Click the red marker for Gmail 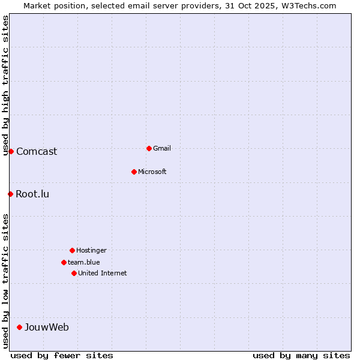pyautogui.click(x=149, y=148)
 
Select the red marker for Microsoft pyautogui.click(x=134, y=172)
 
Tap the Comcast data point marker pyautogui.click(x=11, y=151)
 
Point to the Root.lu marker pyautogui.click(x=10, y=194)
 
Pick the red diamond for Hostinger pyautogui.click(x=72, y=250)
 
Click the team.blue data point pyautogui.click(x=64, y=262)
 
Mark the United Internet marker pyautogui.click(x=74, y=273)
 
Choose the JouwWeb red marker pyautogui.click(x=19, y=327)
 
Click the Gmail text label pyautogui.click(x=162, y=148)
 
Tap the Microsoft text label pyautogui.click(x=152, y=172)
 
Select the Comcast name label pyautogui.click(x=37, y=151)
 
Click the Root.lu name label pyautogui.click(x=32, y=194)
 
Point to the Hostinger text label pyautogui.click(x=91, y=250)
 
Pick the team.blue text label pyautogui.click(x=84, y=262)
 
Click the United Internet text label pyautogui.click(x=103, y=273)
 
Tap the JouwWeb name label pyautogui.click(x=47, y=327)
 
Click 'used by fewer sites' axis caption pyautogui.click(x=62, y=355)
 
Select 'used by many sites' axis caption pyautogui.click(x=301, y=355)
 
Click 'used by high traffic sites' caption pyautogui.click(x=5, y=86)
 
